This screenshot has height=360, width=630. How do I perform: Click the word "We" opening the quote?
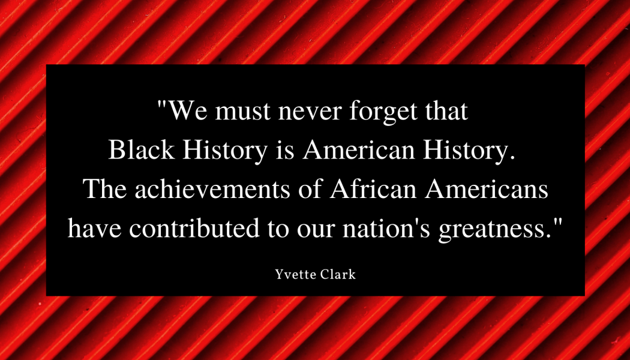187,110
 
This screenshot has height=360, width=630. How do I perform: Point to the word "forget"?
383,112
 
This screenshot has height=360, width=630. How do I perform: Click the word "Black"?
142,149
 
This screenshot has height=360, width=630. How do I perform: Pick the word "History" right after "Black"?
225,151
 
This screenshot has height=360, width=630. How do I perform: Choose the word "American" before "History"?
359,149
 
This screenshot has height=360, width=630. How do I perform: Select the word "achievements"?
212,189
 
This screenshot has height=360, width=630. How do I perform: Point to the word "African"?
373,189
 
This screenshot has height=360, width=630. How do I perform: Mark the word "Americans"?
487,189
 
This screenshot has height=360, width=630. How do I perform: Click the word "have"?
94,228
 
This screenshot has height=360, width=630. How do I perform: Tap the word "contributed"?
194,228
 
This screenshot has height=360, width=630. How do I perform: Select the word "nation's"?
386,228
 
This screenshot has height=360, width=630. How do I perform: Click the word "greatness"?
494,230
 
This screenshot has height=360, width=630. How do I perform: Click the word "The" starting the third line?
105,189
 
